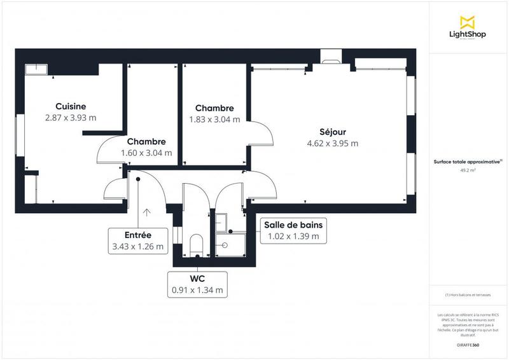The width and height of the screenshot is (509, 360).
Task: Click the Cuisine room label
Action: (x=71, y=106)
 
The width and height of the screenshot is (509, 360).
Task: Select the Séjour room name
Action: (x=332, y=132)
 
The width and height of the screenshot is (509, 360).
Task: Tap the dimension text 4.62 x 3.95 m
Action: (x=332, y=143)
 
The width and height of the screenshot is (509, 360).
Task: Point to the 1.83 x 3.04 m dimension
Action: (x=214, y=119)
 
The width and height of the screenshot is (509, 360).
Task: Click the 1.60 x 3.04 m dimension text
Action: (x=146, y=153)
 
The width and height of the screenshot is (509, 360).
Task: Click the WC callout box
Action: (x=197, y=284)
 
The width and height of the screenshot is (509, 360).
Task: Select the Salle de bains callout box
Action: (x=293, y=230)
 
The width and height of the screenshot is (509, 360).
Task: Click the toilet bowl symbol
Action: (x=197, y=244)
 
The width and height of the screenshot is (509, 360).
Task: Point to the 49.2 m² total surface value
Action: (x=468, y=170)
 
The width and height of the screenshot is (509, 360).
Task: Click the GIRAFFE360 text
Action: (x=468, y=343)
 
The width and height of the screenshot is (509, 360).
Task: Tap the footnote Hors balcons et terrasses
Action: (x=468, y=295)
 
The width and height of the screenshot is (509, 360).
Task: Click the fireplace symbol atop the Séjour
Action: (x=331, y=58)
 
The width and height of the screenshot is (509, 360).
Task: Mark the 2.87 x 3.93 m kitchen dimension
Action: (x=71, y=118)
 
